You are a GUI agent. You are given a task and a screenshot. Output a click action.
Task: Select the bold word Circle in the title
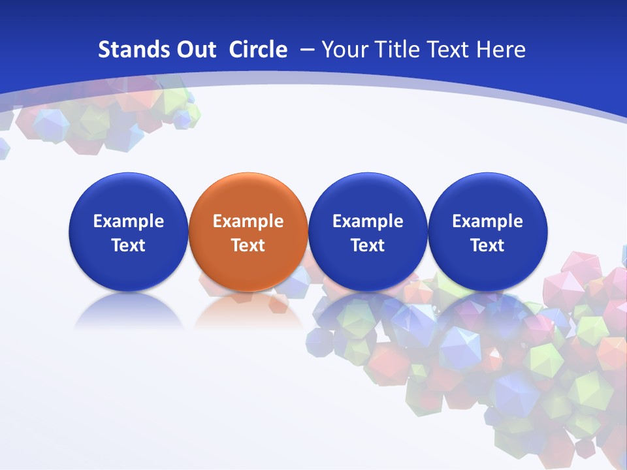258,50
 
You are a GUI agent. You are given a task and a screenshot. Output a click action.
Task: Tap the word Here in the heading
501,50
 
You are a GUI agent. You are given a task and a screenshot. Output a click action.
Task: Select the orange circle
248,232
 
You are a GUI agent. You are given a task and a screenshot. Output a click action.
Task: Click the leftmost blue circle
129,232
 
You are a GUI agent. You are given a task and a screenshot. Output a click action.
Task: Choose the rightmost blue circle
487,232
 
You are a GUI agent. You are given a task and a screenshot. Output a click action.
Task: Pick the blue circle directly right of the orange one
368,232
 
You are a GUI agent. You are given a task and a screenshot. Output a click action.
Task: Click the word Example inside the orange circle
248,221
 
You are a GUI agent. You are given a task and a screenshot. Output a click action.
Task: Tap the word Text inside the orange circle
248,245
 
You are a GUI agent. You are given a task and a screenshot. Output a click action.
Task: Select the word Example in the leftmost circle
129,221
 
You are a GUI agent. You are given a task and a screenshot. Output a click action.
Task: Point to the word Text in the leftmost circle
129,245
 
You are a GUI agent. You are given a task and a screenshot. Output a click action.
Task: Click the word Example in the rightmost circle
487,221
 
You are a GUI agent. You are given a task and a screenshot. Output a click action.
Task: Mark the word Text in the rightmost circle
487,245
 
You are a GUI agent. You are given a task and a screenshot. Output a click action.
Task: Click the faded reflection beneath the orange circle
248,310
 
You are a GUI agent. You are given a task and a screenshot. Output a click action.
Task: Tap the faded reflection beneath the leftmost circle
129,310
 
